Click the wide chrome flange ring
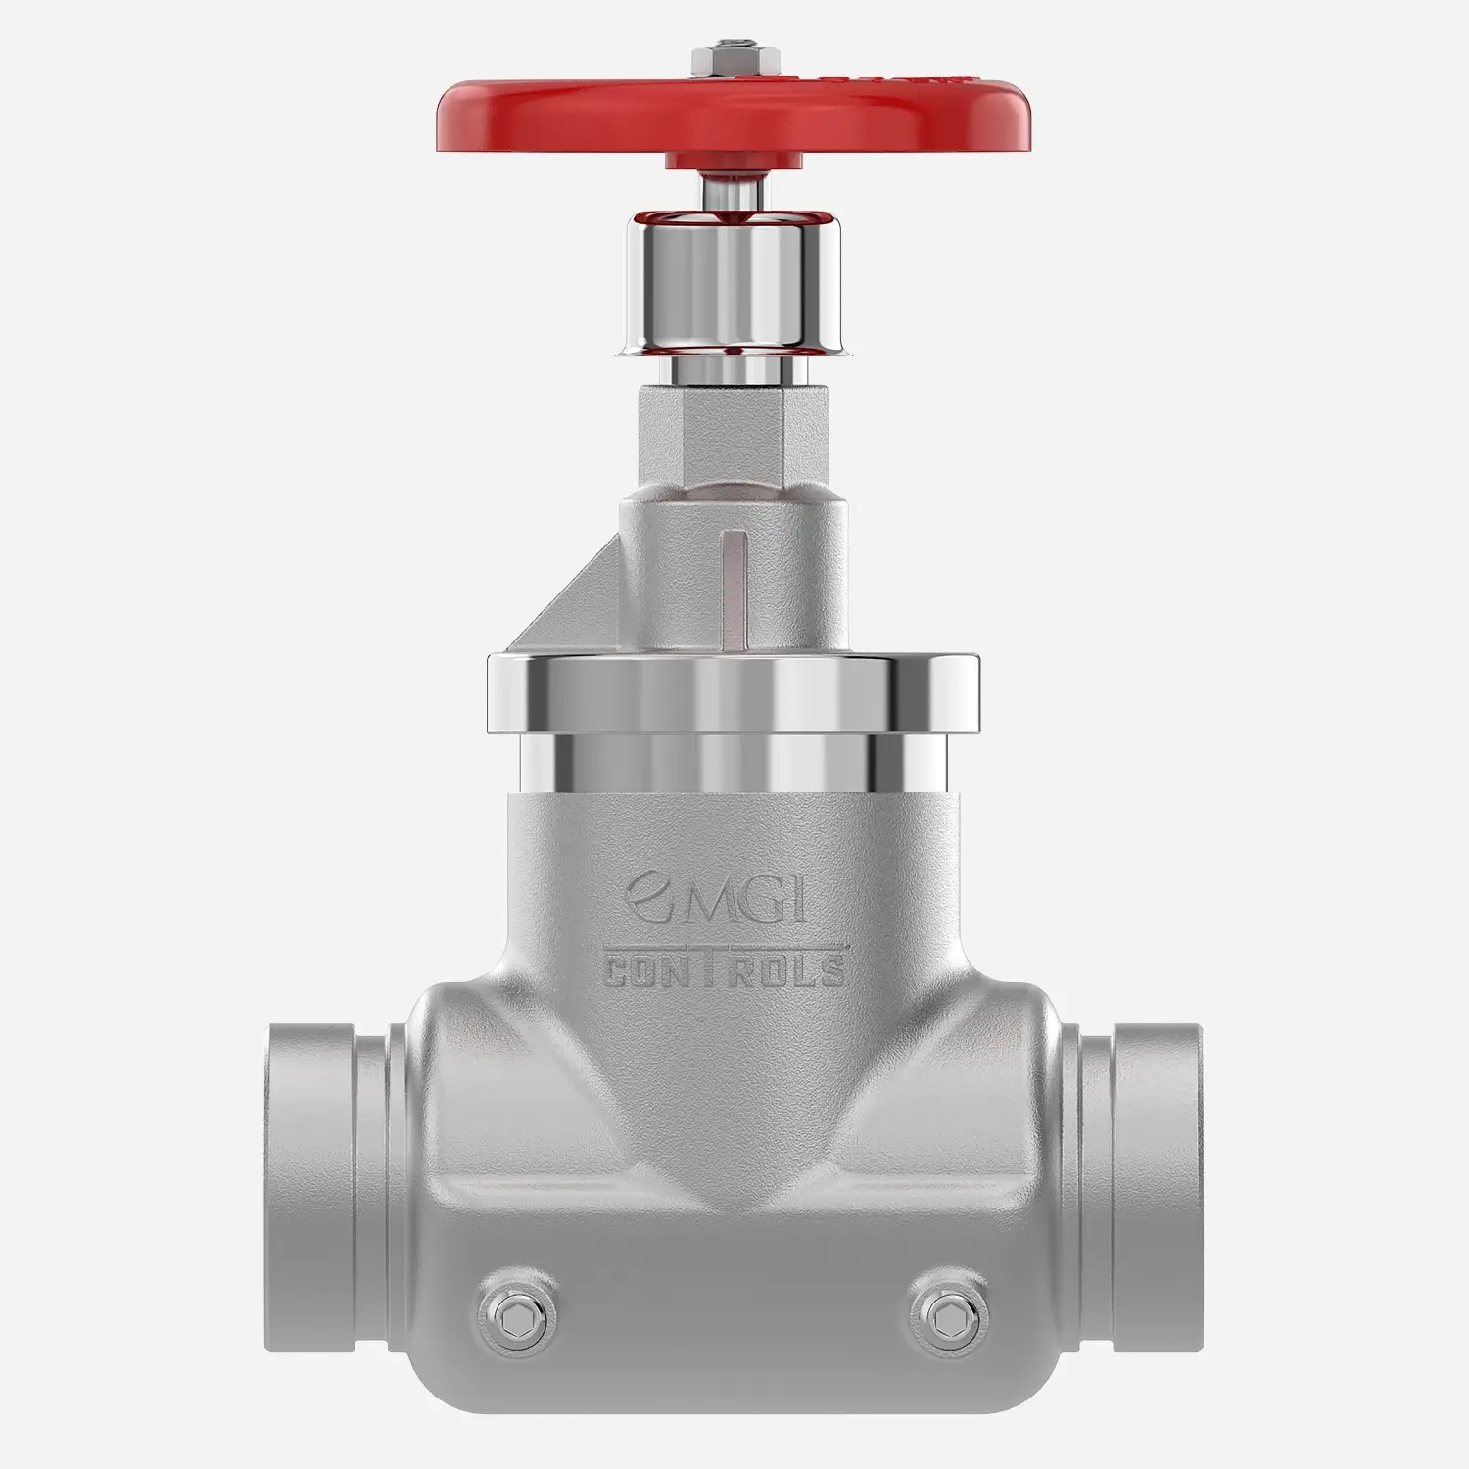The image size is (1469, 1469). coord(734,691)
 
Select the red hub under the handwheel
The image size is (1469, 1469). coord(730,162)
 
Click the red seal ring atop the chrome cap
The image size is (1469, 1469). coord(730,217)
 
